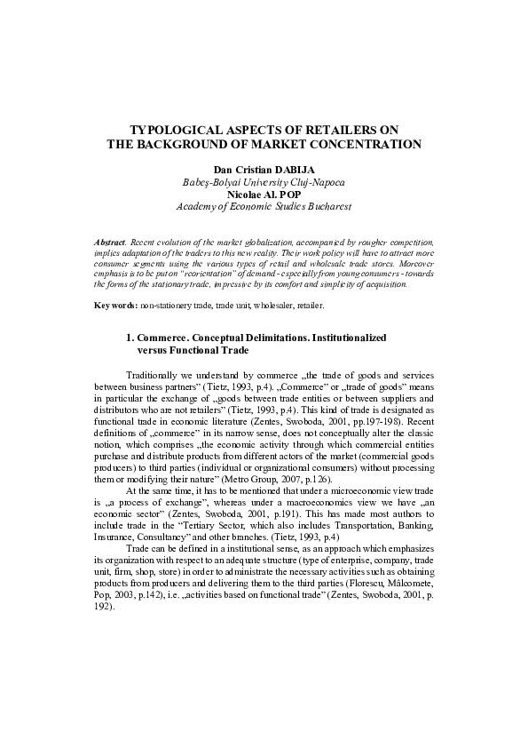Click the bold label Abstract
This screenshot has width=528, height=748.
point(110,242)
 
